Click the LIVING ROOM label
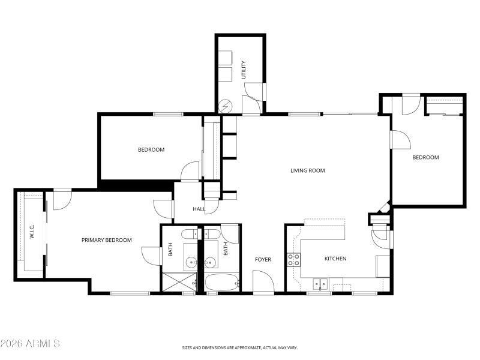click(307, 170)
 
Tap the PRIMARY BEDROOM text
click(106, 240)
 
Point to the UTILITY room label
click(244, 70)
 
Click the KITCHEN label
click(335, 259)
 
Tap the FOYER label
click(263, 259)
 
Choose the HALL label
click(199, 209)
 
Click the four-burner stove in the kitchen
click(293, 260)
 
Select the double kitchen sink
click(320, 283)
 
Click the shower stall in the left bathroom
click(181, 282)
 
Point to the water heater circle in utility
click(226, 106)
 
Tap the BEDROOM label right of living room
click(425, 157)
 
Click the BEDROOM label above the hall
click(151, 149)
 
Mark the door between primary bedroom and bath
click(151, 256)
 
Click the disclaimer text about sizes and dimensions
click(240, 347)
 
